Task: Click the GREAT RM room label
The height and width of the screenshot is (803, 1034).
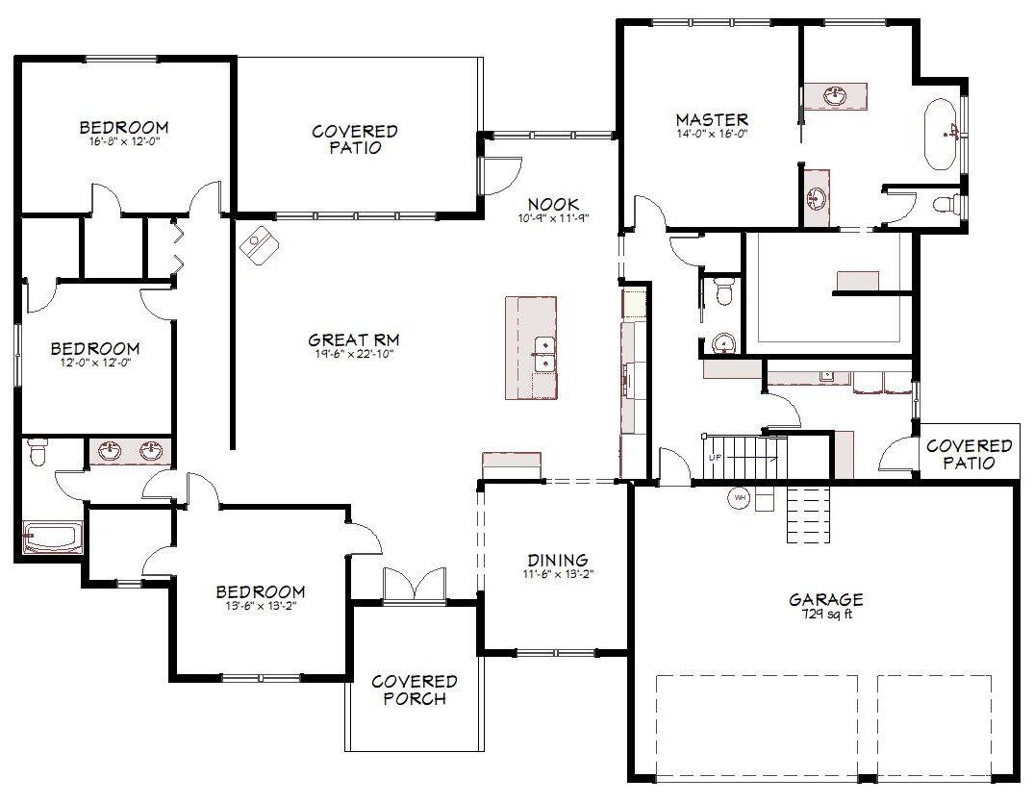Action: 353,340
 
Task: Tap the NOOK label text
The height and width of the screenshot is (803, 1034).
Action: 553,205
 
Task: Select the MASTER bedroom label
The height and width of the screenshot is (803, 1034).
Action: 712,120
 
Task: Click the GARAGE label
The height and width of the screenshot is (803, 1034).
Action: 826,599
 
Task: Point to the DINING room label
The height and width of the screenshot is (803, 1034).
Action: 558,561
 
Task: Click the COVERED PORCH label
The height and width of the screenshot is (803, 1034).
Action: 415,690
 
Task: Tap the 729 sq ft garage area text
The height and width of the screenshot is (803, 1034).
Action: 827,615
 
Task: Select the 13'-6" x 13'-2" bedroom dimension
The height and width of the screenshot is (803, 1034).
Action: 261,606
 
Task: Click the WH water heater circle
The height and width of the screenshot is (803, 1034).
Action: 740,498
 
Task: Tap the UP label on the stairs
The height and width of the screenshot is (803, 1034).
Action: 716,457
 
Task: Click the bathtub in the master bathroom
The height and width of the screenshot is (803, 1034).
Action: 942,135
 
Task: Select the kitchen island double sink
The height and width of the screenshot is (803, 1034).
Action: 544,354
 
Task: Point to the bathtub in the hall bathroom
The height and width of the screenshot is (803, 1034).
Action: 53,538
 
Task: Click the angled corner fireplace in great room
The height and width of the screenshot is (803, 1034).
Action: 259,245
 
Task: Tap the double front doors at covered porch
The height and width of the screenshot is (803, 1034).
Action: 415,584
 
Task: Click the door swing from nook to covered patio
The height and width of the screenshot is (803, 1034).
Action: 501,175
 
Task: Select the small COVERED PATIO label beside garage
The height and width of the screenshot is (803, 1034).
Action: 969,454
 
